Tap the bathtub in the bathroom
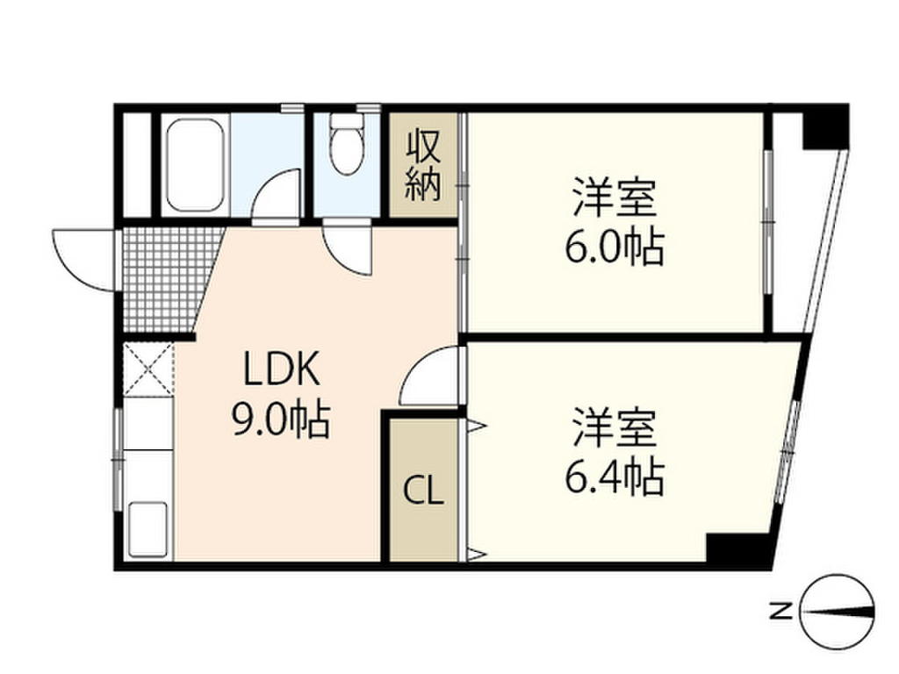194,164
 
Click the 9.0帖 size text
279,421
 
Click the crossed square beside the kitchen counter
148,369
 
